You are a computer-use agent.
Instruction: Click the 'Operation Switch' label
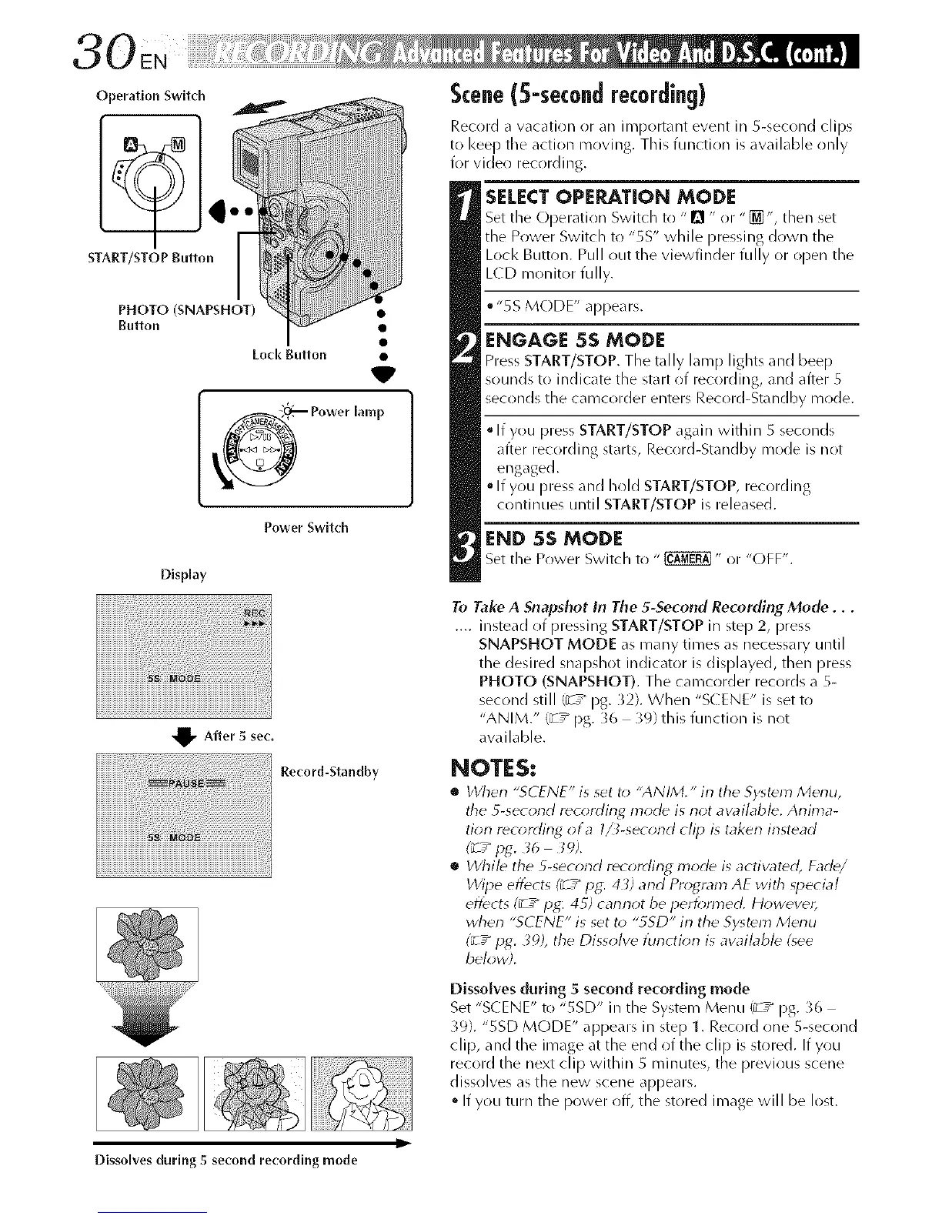(150, 96)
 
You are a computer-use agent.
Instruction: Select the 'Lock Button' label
(289, 354)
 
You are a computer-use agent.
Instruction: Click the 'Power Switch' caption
(306, 527)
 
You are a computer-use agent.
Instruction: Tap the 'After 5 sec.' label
(239, 736)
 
